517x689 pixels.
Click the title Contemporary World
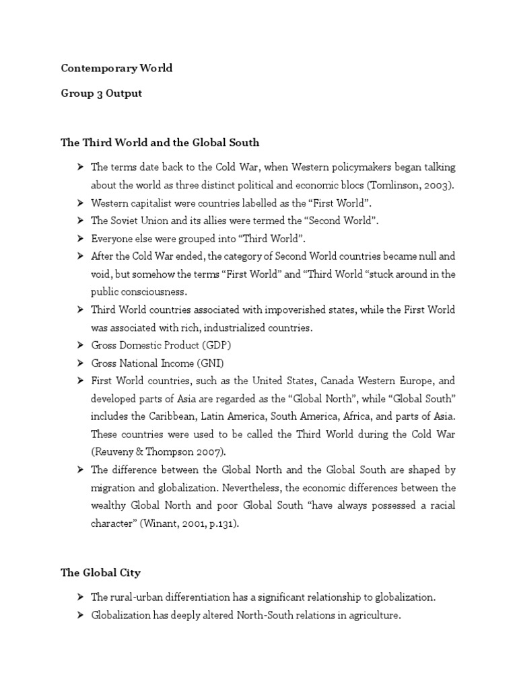tap(116, 69)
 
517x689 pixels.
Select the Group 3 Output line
tap(102, 94)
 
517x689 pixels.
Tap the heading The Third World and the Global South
tap(160, 143)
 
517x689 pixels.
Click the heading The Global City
tap(101, 573)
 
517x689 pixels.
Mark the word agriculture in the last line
tap(373, 614)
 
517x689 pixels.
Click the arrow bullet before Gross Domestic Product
tap(80, 344)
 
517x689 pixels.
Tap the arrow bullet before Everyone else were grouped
tap(80, 238)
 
